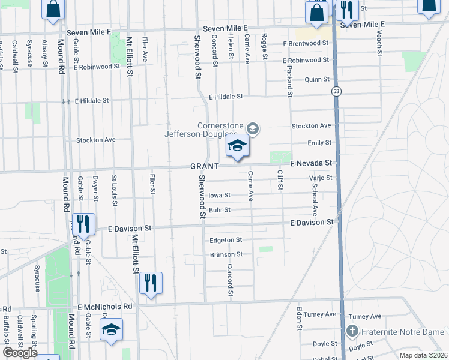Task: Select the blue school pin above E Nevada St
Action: (238, 146)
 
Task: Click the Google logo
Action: (19, 353)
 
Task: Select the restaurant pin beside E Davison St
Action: (83, 224)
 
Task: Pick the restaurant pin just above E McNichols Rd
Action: (151, 283)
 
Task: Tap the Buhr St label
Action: (220, 210)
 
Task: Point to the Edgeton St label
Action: (226, 240)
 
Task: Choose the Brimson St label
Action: (226, 254)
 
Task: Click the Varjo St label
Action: (320, 178)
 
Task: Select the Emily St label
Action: (319, 143)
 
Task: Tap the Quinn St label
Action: (317, 79)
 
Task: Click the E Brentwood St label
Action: (306, 43)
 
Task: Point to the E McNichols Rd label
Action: (104, 306)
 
